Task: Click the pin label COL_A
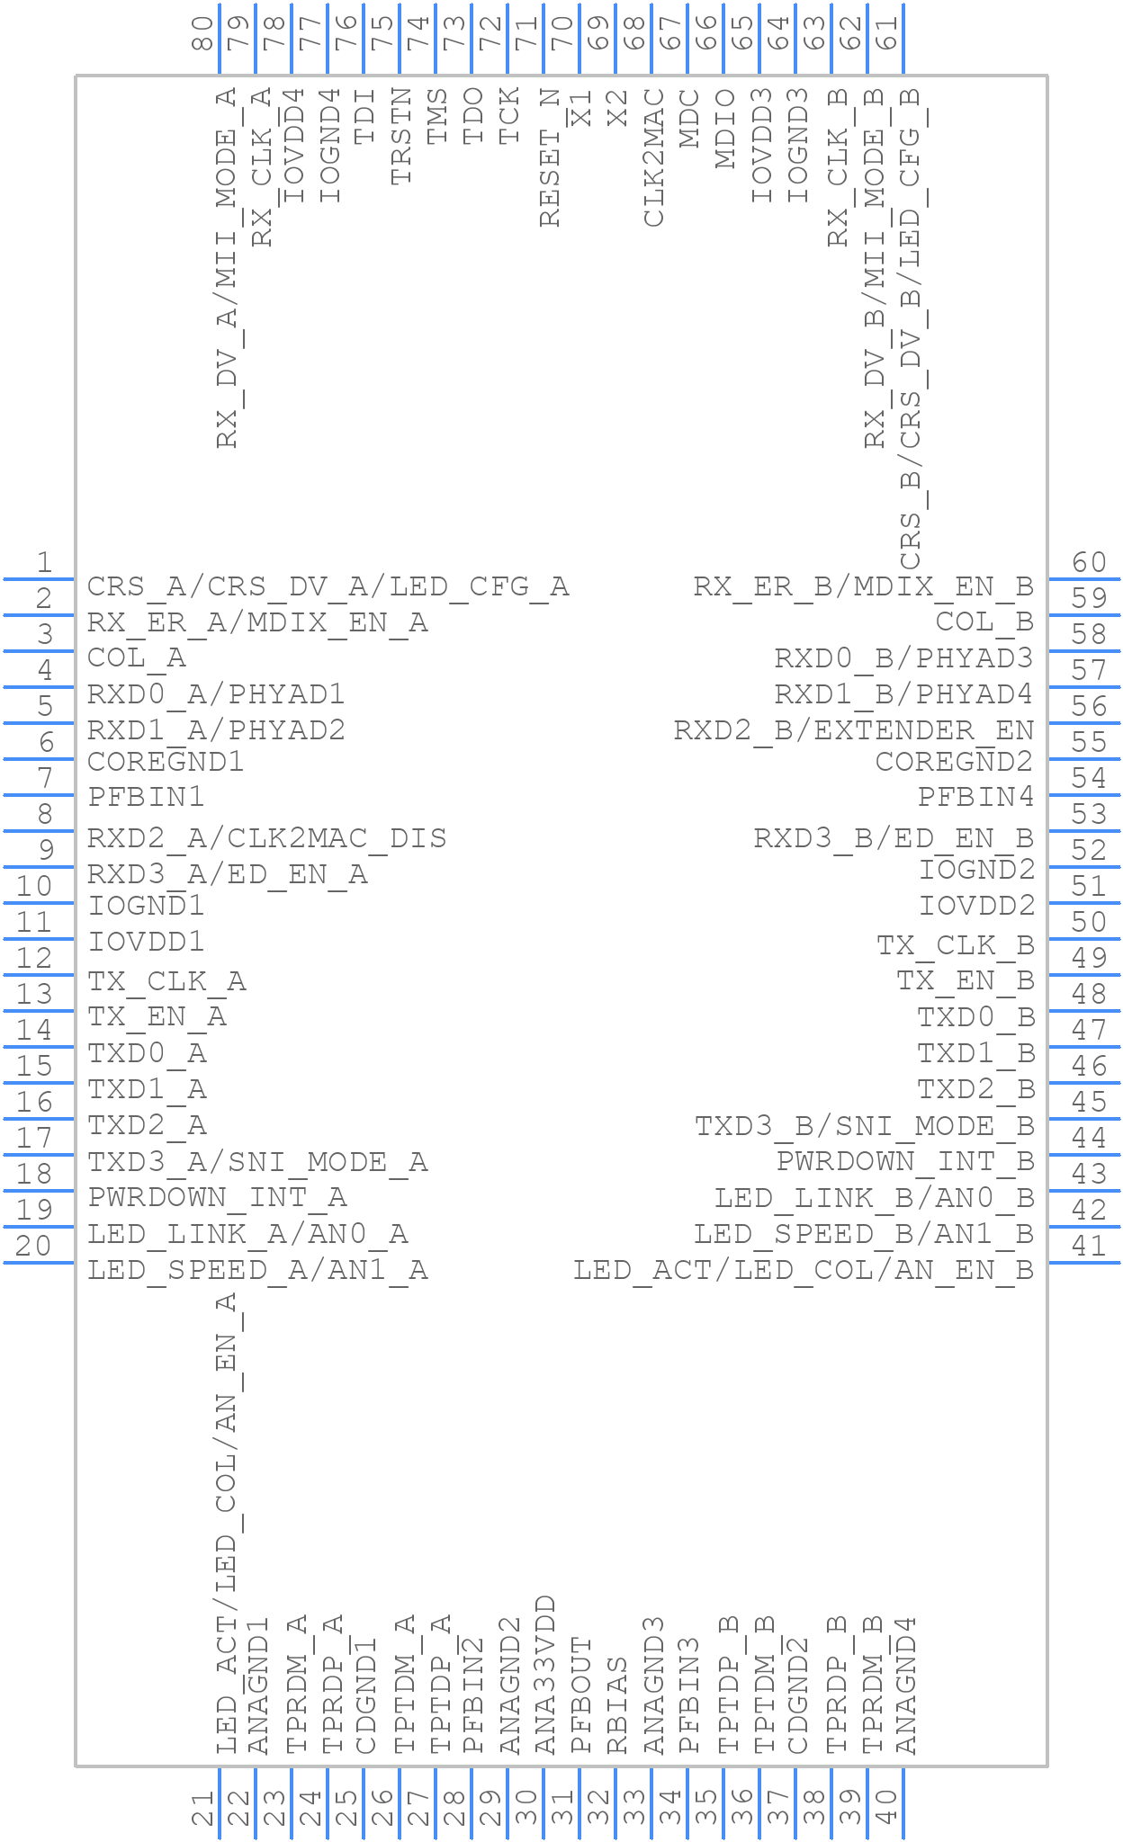pyautogui.click(x=137, y=658)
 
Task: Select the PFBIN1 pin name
pyautogui.click(x=147, y=797)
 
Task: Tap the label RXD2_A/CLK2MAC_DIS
pyautogui.click(x=266, y=838)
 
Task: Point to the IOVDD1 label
pyautogui.click(x=147, y=942)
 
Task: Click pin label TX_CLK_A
pyautogui.click(x=166, y=980)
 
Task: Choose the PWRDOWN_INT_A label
pyautogui.click(x=217, y=1197)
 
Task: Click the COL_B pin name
pyautogui.click(x=984, y=622)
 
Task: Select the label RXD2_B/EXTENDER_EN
pyautogui.click(x=854, y=730)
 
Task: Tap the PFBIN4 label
pyautogui.click(x=975, y=797)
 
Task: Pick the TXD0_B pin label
pyautogui.click(x=975, y=1017)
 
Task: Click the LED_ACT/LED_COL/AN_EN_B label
pyautogui.click(x=804, y=1270)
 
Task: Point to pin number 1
pyautogui.click(x=44, y=563)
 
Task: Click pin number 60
pyautogui.click(x=1089, y=563)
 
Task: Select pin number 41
pyautogui.click(x=1089, y=1246)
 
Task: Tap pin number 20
pyautogui.click(x=34, y=1246)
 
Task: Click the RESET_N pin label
pyautogui.click(x=550, y=158)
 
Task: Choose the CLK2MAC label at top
pyautogui.click(x=654, y=158)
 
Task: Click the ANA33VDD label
pyautogui.click(x=546, y=1675)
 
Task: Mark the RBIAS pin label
pyautogui.click(x=617, y=1706)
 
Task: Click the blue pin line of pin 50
pyautogui.click(x=1084, y=939)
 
